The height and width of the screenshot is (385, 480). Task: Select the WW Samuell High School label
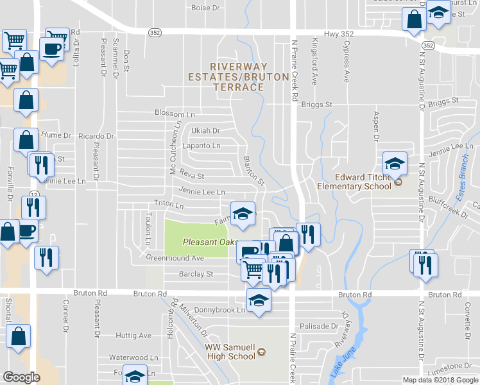pyautogui.click(x=230, y=352)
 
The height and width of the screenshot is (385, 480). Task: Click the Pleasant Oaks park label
pyautogui.click(x=205, y=242)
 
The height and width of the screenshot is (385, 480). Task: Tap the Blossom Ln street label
pyautogui.click(x=175, y=113)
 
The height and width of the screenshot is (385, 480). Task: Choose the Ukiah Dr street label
pyautogui.click(x=205, y=130)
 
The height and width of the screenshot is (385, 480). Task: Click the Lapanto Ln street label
pyautogui.click(x=201, y=146)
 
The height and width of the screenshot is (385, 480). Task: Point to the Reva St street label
pyautogui.click(x=191, y=176)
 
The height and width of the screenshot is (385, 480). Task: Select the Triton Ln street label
pyautogui.click(x=169, y=206)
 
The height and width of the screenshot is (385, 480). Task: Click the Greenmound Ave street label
pyautogui.click(x=175, y=258)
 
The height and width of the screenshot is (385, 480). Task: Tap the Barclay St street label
pyautogui.click(x=196, y=273)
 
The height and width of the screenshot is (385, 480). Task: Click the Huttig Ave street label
pyautogui.click(x=133, y=335)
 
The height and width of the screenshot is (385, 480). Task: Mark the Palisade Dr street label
pyautogui.click(x=319, y=326)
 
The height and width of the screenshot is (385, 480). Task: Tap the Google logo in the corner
pyautogui.click(x=22, y=377)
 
